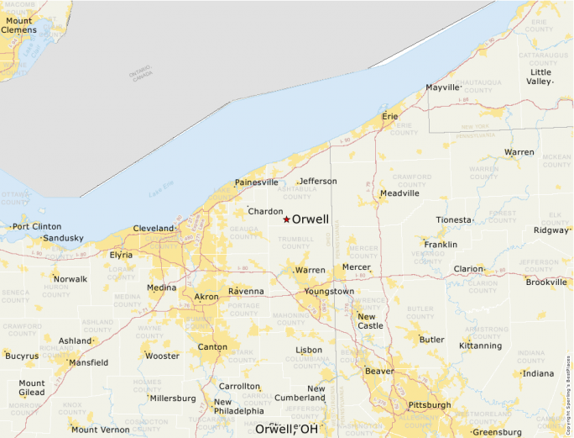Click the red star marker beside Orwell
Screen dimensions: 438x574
pyautogui.click(x=286, y=219)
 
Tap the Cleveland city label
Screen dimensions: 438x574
pyautogui.click(x=154, y=229)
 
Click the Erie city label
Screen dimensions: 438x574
pyautogui.click(x=390, y=116)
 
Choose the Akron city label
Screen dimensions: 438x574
pyautogui.click(x=206, y=297)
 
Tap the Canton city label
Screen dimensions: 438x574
pyautogui.click(x=212, y=346)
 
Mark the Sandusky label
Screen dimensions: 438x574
pyautogui.click(x=64, y=238)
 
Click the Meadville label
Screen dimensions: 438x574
pyautogui.click(x=399, y=193)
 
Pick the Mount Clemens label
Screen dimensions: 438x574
pyautogui.click(x=18, y=25)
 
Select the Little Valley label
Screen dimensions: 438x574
pyautogui.click(x=540, y=77)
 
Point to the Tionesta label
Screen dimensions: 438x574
pyautogui.click(x=454, y=220)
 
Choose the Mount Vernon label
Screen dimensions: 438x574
pyautogui.click(x=101, y=430)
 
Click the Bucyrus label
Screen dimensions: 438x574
pyautogui.click(x=22, y=356)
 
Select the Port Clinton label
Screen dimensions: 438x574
pyautogui.click(x=37, y=226)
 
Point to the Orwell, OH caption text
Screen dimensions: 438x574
pyautogui.click(x=287, y=429)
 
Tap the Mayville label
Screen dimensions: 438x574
pyautogui.click(x=443, y=87)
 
